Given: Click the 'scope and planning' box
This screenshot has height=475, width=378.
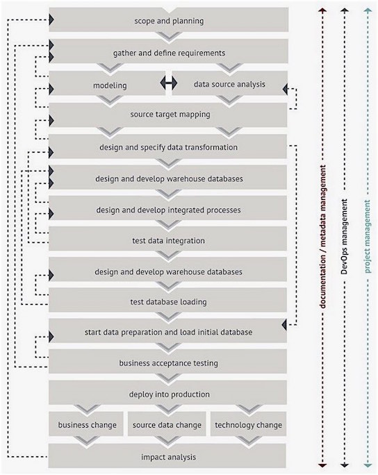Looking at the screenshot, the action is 169,20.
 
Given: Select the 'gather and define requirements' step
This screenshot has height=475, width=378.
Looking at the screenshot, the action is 169,51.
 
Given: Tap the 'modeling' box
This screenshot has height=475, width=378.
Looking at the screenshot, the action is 107,83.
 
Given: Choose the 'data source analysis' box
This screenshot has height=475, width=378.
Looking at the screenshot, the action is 229,83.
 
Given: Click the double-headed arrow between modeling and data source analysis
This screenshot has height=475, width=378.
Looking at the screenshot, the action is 169,82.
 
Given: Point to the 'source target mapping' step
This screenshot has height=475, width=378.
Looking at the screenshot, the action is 168,115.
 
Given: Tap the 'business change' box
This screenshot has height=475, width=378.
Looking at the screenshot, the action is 86,424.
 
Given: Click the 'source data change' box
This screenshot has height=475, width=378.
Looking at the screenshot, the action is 167,424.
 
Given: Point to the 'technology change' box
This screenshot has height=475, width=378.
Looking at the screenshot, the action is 248,424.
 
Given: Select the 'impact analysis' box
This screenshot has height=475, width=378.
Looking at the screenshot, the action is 167,456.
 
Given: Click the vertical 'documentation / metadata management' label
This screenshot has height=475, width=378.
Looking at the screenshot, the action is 323,237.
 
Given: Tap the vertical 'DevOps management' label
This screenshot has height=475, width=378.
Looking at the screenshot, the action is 344,237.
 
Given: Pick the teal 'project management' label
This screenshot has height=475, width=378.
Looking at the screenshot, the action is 367,237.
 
